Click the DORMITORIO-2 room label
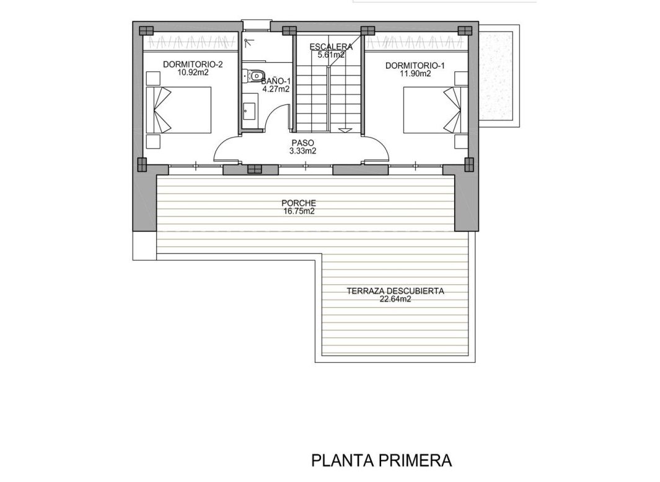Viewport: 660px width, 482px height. [x=192, y=64]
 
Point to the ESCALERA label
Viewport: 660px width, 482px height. [x=331, y=47]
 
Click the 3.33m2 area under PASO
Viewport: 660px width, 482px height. [x=304, y=151]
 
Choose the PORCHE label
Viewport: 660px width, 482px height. [x=299, y=203]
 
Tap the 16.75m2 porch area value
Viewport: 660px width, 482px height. [x=299, y=212]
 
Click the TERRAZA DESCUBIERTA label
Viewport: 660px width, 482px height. [x=395, y=290]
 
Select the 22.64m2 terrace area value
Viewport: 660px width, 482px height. [x=395, y=299]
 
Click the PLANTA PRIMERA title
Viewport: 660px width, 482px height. [x=381, y=460]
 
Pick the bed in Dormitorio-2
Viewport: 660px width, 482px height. [x=180, y=109]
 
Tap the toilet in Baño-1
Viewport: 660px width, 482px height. [x=253, y=76]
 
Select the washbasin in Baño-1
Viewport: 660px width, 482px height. [x=249, y=111]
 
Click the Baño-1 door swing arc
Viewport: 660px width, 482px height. [x=280, y=115]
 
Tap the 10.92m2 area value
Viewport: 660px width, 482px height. [x=192, y=73]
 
